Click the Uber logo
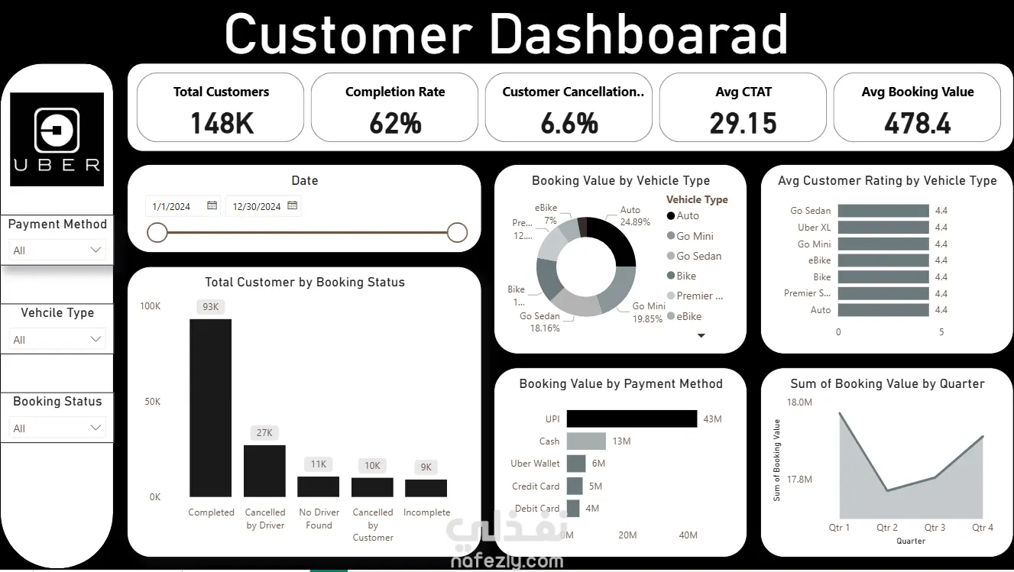[57, 139]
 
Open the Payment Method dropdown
[57, 250]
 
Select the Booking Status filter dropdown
[57, 428]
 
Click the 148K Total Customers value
[222, 123]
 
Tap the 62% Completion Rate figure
[395, 123]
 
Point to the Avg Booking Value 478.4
[917, 123]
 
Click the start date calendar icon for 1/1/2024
[212, 205]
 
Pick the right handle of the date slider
[457, 232]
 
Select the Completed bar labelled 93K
[211, 408]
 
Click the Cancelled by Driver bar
[264, 470]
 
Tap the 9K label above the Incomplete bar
[426, 467]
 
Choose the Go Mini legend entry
[694, 236]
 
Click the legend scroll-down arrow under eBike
[701, 335]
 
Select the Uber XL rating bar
[883, 227]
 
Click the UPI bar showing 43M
[632, 418]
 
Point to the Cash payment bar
[586, 441]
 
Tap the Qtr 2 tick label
[887, 527]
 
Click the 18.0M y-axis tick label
[799, 402]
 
